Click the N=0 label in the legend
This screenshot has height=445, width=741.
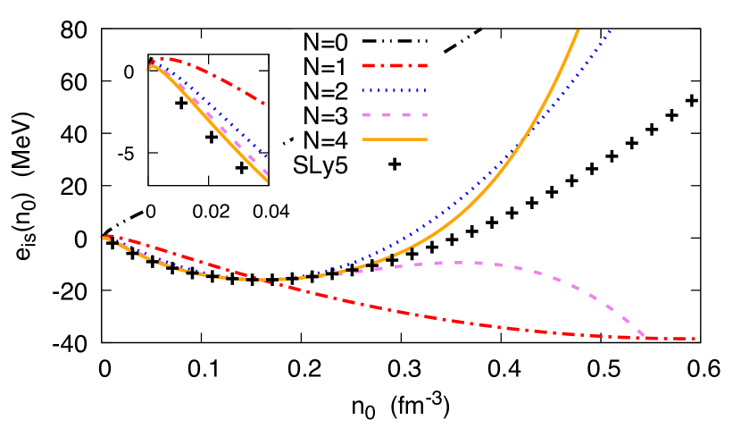pos(325,41)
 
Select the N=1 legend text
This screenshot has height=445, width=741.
pos(325,65)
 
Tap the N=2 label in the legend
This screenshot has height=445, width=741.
pos(325,90)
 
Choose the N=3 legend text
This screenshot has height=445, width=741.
pos(325,115)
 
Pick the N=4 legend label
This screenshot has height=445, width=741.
pos(325,139)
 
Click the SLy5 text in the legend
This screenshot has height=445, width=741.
pos(321,164)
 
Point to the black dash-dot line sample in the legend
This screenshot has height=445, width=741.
pos(395,41)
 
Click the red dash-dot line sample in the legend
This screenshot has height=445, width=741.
pos(395,65)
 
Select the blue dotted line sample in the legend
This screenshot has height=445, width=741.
pos(395,90)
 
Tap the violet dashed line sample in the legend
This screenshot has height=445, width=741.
pos(395,115)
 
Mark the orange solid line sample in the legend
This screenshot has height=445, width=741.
pos(395,139)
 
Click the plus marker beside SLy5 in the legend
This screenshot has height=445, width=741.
pos(395,164)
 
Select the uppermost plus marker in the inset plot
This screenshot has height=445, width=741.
pos(181,103)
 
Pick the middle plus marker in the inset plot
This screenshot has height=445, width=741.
pos(212,137)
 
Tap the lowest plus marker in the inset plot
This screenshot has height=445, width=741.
pos(241,168)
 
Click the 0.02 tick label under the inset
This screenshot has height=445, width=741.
pos(210,209)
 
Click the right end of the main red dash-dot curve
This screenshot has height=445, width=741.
pos(695,339)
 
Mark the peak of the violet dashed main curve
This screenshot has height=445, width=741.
pos(455,263)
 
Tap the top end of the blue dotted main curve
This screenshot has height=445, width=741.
pos(611,31)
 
